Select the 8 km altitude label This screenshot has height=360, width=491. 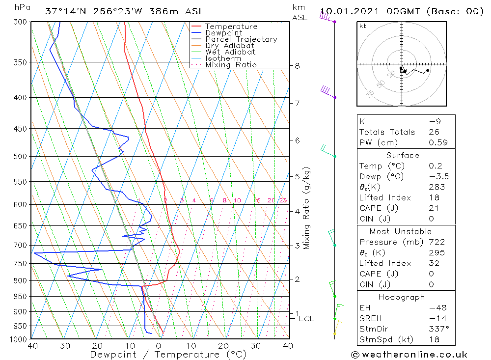coord(297,65)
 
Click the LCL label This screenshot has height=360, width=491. coord(306,318)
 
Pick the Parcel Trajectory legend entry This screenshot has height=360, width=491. coord(241,39)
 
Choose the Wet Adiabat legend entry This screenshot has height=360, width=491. coord(230,52)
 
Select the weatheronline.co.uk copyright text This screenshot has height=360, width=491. coord(409,354)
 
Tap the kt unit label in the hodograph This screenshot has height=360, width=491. coord(362,26)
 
